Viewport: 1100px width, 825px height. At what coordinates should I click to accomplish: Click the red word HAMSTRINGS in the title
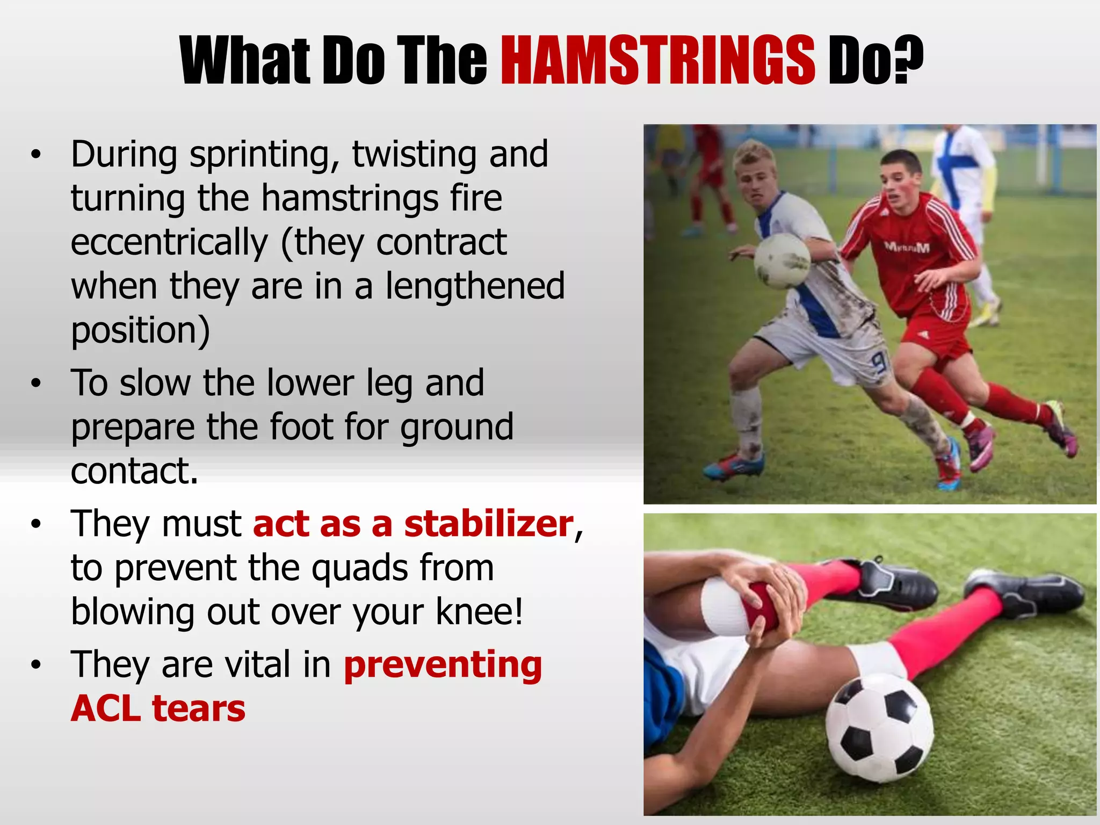click(x=658, y=60)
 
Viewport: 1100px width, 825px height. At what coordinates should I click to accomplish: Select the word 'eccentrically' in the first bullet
click(x=169, y=243)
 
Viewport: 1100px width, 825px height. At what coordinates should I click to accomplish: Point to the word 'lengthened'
click(x=475, y=287)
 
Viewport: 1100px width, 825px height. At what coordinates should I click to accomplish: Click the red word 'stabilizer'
click(x=489, y=524)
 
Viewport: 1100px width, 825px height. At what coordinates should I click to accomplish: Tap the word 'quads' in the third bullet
click(x=359, y=568)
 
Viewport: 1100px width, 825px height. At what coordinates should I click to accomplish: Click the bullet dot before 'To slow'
click(x=35, y=383)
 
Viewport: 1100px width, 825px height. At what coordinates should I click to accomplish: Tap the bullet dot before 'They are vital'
click(x=35, y=665)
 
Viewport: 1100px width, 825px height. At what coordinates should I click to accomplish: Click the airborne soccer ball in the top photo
click(x=782, y=261)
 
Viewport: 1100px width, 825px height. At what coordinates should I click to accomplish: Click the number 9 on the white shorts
click(x=879, y=365)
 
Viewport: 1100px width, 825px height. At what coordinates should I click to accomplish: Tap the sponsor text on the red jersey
click(x=907, y=247)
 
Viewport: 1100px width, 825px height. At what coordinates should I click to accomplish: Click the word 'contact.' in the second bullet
click(x=134, y=471)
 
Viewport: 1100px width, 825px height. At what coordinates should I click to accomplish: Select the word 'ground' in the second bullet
click(x=457, y=427)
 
